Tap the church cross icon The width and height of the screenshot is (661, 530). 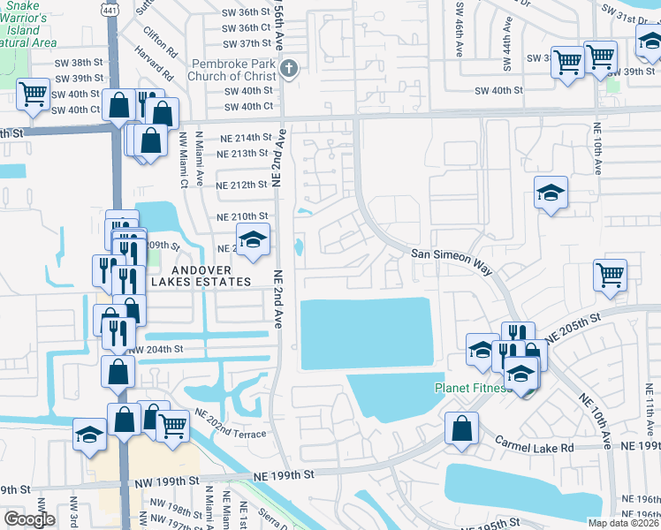[290, 69]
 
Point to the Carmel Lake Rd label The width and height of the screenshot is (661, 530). [534, 448]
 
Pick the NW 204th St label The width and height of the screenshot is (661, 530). [156, 349]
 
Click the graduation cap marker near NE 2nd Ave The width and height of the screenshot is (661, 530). [253, 240]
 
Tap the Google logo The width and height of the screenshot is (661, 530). [29, 519]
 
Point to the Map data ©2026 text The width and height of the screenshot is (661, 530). [624, 523]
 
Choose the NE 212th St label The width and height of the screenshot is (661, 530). [243, 185]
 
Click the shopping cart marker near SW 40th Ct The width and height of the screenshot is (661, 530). [33, 93]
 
